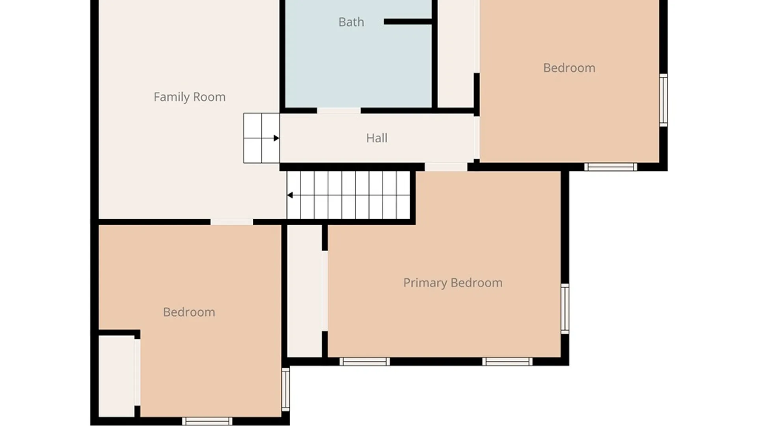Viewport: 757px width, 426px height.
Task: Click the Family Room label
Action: (190, 97)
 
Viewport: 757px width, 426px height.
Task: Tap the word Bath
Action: (351, 22)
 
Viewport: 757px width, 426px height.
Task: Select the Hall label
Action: (377, 138)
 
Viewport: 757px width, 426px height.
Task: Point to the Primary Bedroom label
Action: (453, 283)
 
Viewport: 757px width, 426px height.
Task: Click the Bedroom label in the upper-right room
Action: (569, 68)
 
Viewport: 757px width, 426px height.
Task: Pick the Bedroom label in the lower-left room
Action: (189, 312)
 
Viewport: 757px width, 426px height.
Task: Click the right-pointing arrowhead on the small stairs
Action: (276, 138)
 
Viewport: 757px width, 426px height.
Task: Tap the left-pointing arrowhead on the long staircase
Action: (290, 195)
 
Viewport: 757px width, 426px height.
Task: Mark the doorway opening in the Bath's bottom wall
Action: (339, 111)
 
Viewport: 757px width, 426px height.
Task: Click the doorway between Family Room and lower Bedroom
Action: (232, 222)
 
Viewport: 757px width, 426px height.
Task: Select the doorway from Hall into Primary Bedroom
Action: (446, 167)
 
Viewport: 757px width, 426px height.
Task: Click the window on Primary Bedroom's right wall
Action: (565, 308)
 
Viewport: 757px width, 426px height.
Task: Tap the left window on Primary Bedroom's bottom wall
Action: (365, 362)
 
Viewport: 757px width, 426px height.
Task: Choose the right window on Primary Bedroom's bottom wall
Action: (507, 362)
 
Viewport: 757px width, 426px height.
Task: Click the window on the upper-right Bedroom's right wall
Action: (664, 100)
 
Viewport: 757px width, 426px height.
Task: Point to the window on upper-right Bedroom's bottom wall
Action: (611, 167)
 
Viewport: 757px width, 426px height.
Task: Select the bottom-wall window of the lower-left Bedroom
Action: (207, 421)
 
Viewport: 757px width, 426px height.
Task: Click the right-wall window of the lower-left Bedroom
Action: (286, 389)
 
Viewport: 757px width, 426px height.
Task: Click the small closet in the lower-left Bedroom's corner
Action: (117, 376)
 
